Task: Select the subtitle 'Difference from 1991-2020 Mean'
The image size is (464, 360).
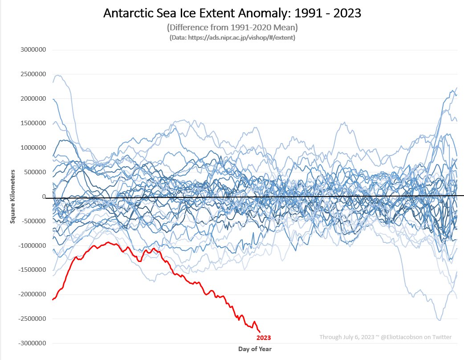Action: click(232, 28)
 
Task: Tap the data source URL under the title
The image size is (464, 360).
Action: click(232, 38)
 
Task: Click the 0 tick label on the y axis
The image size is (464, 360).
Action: click(44, 196)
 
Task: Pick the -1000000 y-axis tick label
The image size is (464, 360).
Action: click(33, 245)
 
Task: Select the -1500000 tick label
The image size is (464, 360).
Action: click(33, 270)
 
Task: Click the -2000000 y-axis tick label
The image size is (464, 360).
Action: click(33, 295)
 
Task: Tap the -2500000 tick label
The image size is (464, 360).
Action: click(33, 319)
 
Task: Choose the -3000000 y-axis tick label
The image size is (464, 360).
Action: click(33, 344)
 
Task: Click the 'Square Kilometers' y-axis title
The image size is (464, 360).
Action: click(13, 196)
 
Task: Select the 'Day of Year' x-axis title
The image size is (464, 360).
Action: click(254, 349)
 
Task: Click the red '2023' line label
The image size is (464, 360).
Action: click(263, 338)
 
